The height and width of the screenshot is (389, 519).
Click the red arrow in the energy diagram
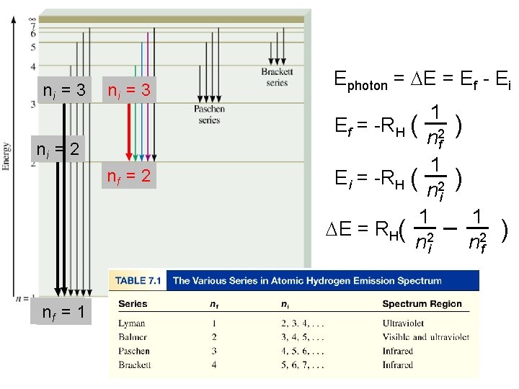[131, 130]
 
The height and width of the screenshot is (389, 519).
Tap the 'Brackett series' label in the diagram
[277, 77]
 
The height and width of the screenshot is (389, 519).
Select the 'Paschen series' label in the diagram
[209, 115]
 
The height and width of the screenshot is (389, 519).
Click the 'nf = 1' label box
[63, 312]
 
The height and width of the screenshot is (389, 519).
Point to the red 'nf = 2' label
[128, 175]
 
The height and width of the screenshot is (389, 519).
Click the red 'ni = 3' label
[128, 90]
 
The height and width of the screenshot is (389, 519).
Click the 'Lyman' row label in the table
[132, 323]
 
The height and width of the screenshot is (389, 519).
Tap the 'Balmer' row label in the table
[133, 337]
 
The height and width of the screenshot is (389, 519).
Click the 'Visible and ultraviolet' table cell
[425, 337]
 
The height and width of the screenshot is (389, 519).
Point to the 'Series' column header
[133, 303]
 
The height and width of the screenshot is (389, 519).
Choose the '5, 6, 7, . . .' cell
[302, 365]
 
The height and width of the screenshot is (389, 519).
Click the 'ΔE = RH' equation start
[368, 230]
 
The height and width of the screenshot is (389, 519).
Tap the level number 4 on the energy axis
[33, 66]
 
